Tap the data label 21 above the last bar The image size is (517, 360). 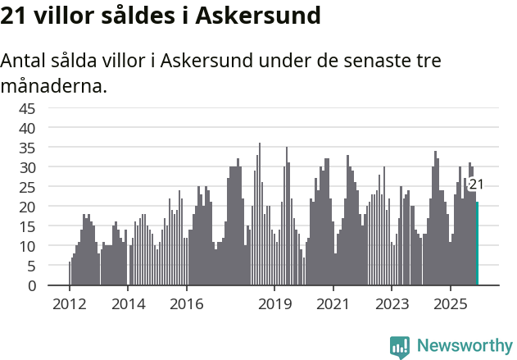pos(476,185)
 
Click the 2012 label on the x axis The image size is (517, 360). pos(69,305)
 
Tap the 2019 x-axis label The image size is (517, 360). pos(274,305)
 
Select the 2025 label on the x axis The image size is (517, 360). pos(451,305)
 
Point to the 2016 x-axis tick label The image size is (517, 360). pos(186,305)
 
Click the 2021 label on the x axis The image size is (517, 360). pos(333,305)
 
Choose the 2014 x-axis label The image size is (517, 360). pos(128,305)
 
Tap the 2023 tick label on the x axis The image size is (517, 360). pos(392,305)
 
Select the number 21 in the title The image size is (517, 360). pos(14,16)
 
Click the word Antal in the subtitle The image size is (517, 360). pos(24,62)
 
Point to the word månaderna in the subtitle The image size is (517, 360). pos(53,84)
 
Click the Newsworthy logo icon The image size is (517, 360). pos(400,346)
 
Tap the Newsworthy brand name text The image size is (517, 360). pos(464,346)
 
